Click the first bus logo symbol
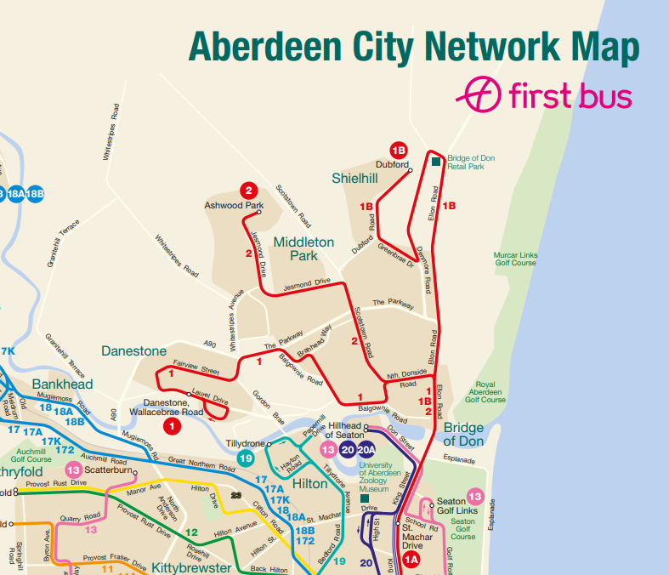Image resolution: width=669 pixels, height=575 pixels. (x=480, y=94)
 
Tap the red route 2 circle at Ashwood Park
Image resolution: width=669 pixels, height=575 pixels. (x=248, y=191)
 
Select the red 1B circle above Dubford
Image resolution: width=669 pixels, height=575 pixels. (x=399, y=151)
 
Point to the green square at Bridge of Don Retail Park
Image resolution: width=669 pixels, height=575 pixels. (x=436, y=162)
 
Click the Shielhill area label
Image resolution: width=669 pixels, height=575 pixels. (x=355, y=177)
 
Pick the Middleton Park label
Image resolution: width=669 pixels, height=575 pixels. (x=303, y=248)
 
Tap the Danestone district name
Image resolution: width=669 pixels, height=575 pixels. (x=133, y=350)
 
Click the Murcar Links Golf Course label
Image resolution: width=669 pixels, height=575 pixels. (x=515, y=259)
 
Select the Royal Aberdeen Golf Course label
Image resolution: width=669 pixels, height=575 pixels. (x=485, y=392)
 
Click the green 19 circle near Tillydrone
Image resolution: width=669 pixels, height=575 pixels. (x=246, y=459)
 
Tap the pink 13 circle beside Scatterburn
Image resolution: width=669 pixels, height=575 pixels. (x=74, y=470)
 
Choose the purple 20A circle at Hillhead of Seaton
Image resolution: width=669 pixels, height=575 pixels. (x=366, y=449)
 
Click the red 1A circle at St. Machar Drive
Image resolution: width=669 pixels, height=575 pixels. (x=411, y=559)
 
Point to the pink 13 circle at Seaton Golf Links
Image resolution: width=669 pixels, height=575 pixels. (x=474, y=497)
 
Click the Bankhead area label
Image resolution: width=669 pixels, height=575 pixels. (x=62, y=384)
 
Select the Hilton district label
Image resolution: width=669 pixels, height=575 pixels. (x=309, y=483)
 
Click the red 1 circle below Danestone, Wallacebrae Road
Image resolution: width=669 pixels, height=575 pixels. (x=172, y=425)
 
